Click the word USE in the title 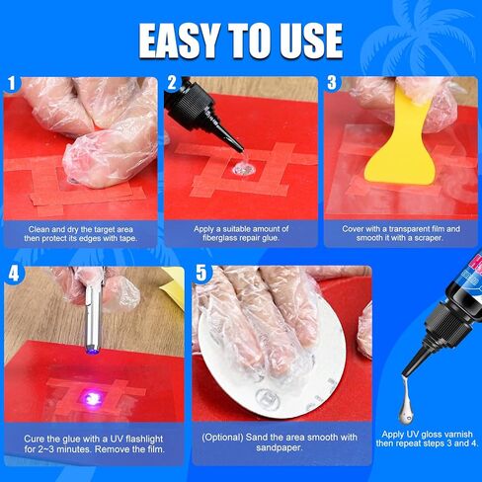pos(306,40)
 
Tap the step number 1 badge pos(12,85)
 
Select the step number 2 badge pos(173,85)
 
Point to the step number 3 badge pos(333,85)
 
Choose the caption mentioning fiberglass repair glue pos(240,233)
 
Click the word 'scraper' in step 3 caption pos(439,238)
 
